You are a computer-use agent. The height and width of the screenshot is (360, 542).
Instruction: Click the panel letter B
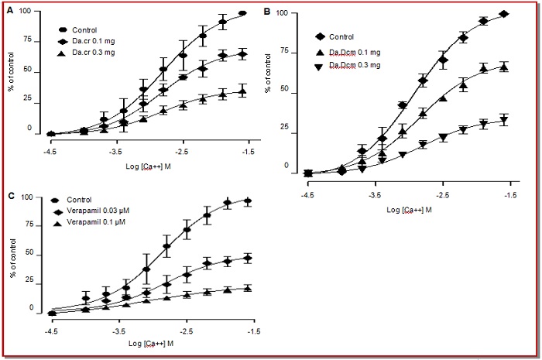tap(268, 12)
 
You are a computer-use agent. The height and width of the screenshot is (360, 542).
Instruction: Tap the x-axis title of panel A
tap(149, 165)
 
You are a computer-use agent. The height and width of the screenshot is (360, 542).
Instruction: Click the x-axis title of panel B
tap(410, 208)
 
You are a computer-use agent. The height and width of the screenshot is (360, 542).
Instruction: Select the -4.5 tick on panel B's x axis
tap(307, 196)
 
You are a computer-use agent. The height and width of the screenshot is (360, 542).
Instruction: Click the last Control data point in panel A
tap(242, 13)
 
